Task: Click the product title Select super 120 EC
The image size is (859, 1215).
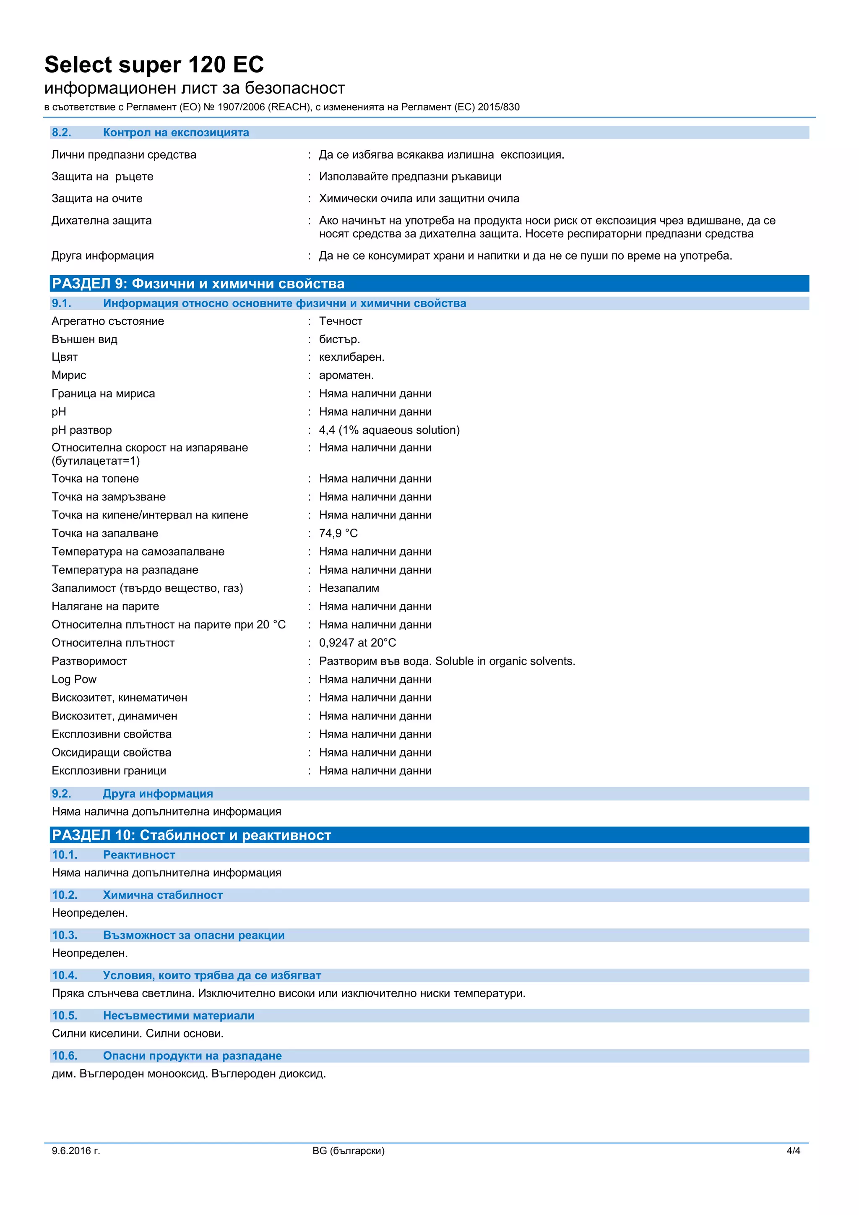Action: pos(154,65)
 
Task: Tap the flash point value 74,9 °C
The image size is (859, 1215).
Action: pos(338,533)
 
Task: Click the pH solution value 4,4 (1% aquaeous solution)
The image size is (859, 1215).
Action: pos(389,430)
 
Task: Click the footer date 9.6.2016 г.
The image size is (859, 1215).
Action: pos(75,1150)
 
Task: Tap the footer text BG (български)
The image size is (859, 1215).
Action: pos(348,1150)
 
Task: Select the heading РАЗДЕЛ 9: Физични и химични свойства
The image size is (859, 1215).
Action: pos(198,284)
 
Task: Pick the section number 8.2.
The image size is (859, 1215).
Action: pos(61,132)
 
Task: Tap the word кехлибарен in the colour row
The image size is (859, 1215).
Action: pos(351,357)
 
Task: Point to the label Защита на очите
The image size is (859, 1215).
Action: pos(97,198)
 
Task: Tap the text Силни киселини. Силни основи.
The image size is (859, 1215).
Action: pos(138,1033)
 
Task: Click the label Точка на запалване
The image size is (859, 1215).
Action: pos(105,533)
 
